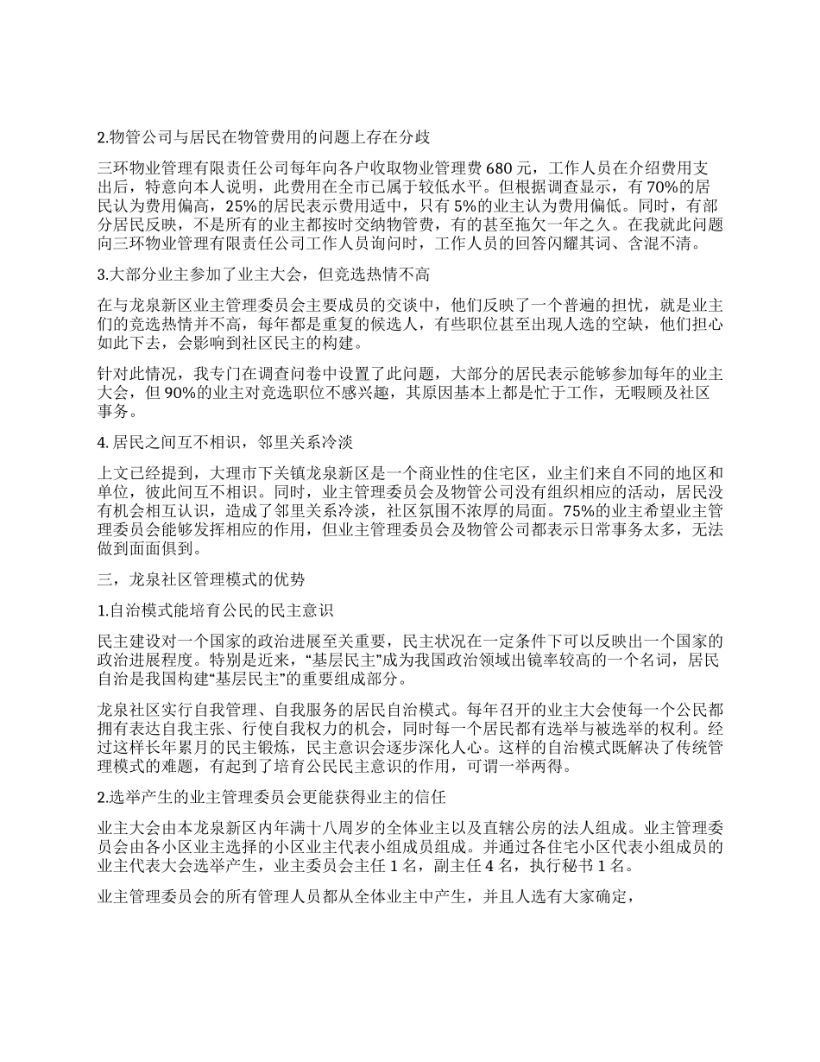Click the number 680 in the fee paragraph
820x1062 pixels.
coord(501,167)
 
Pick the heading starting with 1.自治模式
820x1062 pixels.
coord(216,610)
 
